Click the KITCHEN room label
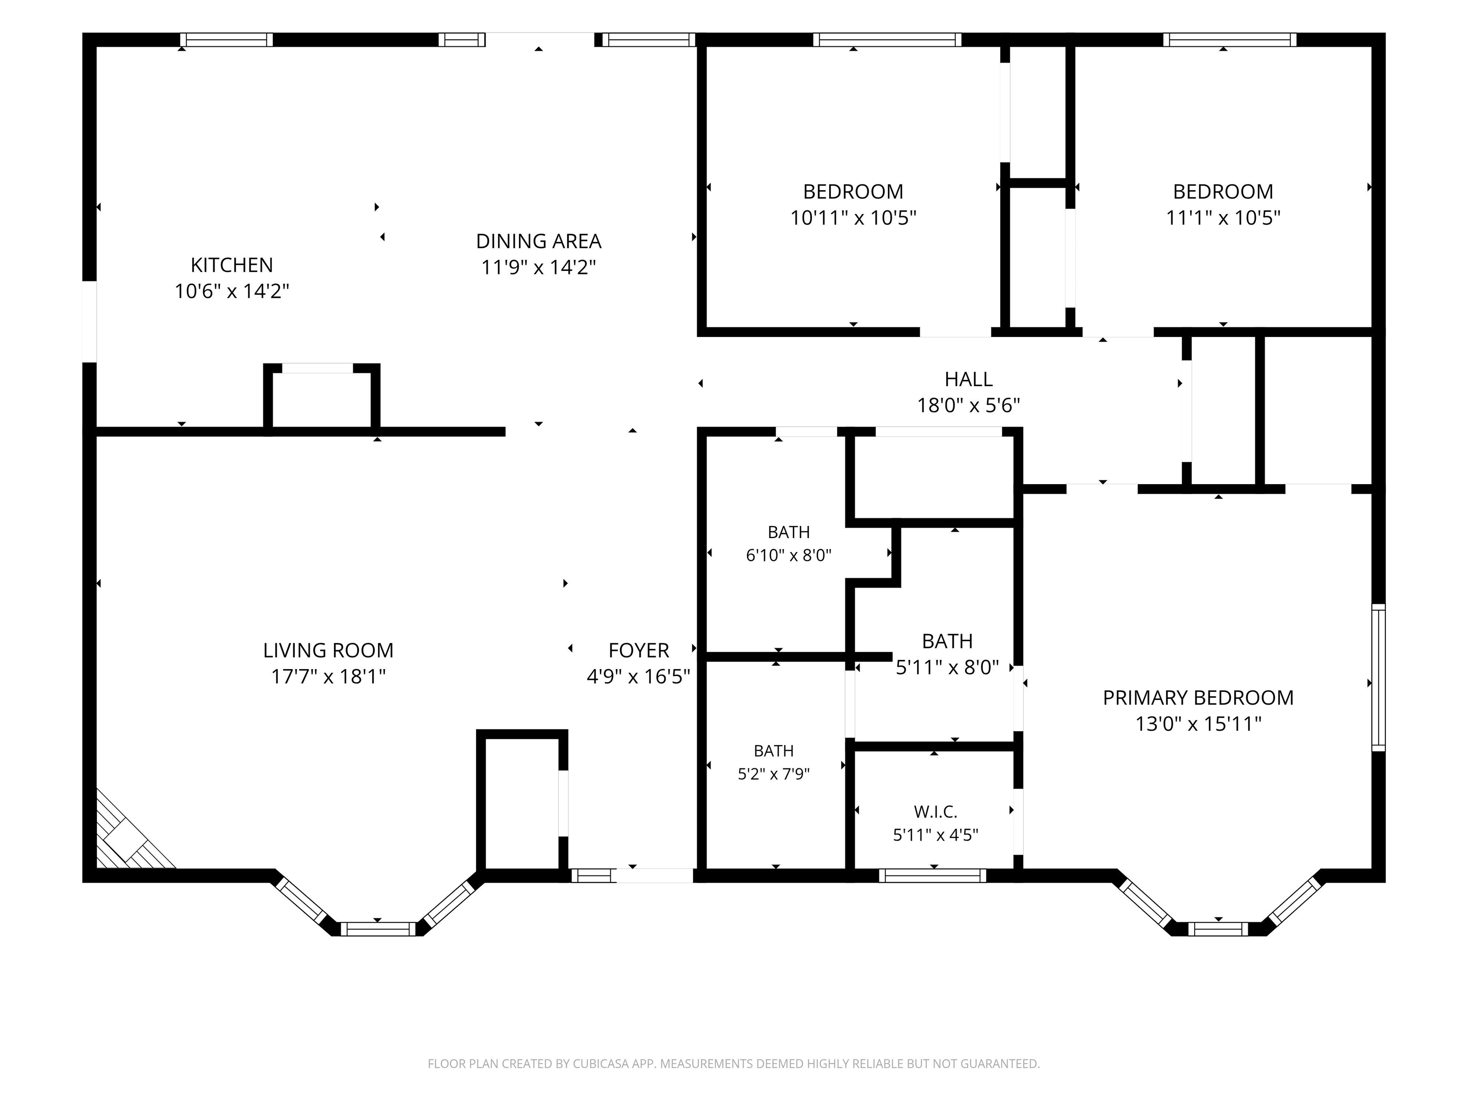(232, 265)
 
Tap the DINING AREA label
(538, 241)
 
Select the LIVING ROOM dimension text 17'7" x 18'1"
(328, 676)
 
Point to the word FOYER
(638, 650)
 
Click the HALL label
(968, 379)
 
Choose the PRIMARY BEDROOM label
(1198, 698)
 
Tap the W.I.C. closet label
(935, 811)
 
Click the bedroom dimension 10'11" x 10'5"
(853, 218)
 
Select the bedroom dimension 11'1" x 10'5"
(1222, 218)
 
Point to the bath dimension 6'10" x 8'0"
(788, 555)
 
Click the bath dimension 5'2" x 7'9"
(773, 774)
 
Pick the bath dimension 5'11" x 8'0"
(947, 667)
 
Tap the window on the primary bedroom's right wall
(1378, 678)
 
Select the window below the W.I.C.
(932, 875)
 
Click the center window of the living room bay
(378, 928)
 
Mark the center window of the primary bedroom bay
(1218, 928)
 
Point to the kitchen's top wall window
(227, 40)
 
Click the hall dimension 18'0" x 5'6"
(968, 405)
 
